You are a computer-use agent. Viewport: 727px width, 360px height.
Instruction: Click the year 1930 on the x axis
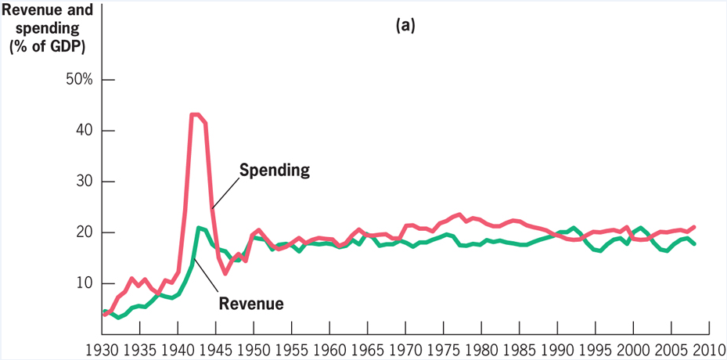tap(103, 348)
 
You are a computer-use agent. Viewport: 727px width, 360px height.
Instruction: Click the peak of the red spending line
tap(194, 114)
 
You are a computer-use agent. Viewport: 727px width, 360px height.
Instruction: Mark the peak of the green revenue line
tap(200, 228)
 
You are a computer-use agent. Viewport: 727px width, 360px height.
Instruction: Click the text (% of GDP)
tap(47, 46)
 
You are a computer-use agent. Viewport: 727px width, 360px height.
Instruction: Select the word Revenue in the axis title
tap(28, 10)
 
